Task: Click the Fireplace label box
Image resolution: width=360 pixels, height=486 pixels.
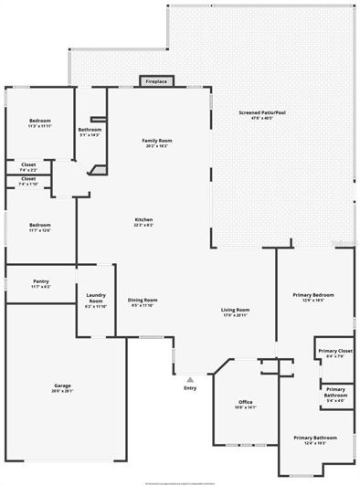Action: (x=155, y=81)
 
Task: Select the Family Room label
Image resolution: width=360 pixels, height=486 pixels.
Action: (x=157, y=143)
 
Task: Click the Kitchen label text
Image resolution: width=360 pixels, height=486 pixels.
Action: (x=143, y=220)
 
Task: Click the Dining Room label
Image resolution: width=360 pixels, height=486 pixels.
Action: (x=143, y=301)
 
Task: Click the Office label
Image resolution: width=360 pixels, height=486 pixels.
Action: (x=244, y=402)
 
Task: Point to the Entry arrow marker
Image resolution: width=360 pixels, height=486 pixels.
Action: (x=189, y=378)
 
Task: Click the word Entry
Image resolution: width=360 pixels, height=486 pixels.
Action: (x=189, y=389)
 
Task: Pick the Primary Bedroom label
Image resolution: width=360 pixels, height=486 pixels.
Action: (x=313, y=296)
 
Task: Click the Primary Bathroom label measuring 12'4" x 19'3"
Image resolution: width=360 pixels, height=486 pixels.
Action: (x=314, y=439)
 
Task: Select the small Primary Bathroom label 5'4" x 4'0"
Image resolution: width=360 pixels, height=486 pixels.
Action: (x=335, y=395)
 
